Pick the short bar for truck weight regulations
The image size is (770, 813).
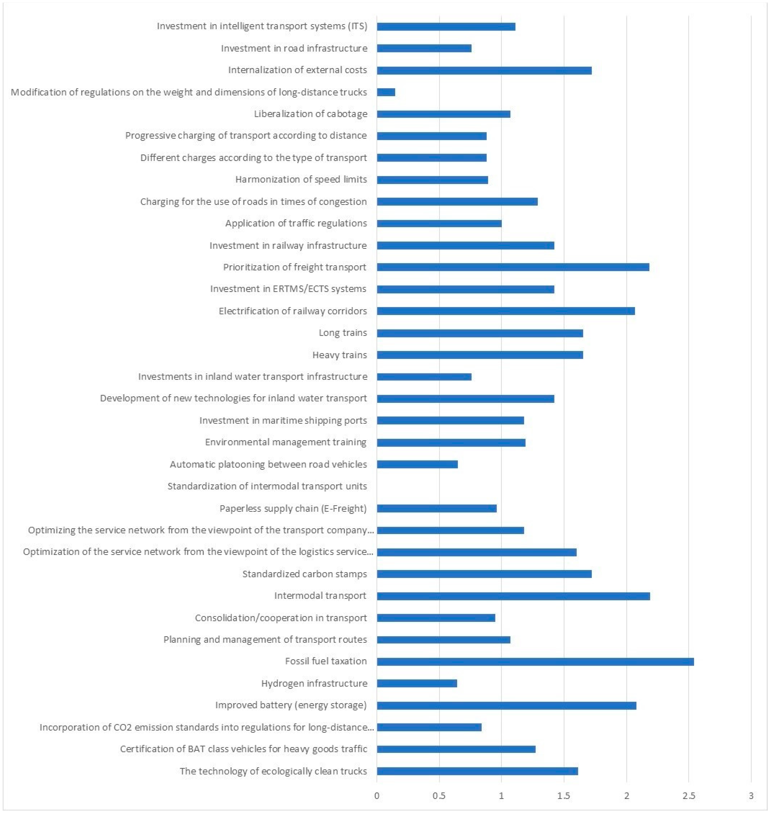point(386,92)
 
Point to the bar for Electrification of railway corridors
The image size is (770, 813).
point(506,311)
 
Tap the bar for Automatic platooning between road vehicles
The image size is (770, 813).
point(417,464)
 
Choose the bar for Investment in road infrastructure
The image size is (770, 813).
point(424,48)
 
